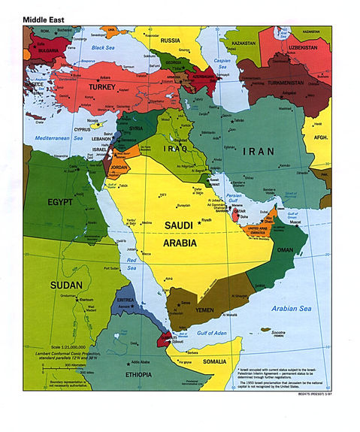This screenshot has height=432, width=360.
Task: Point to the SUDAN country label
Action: point(66,285)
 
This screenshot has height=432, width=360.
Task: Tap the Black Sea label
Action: point(102,47)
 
